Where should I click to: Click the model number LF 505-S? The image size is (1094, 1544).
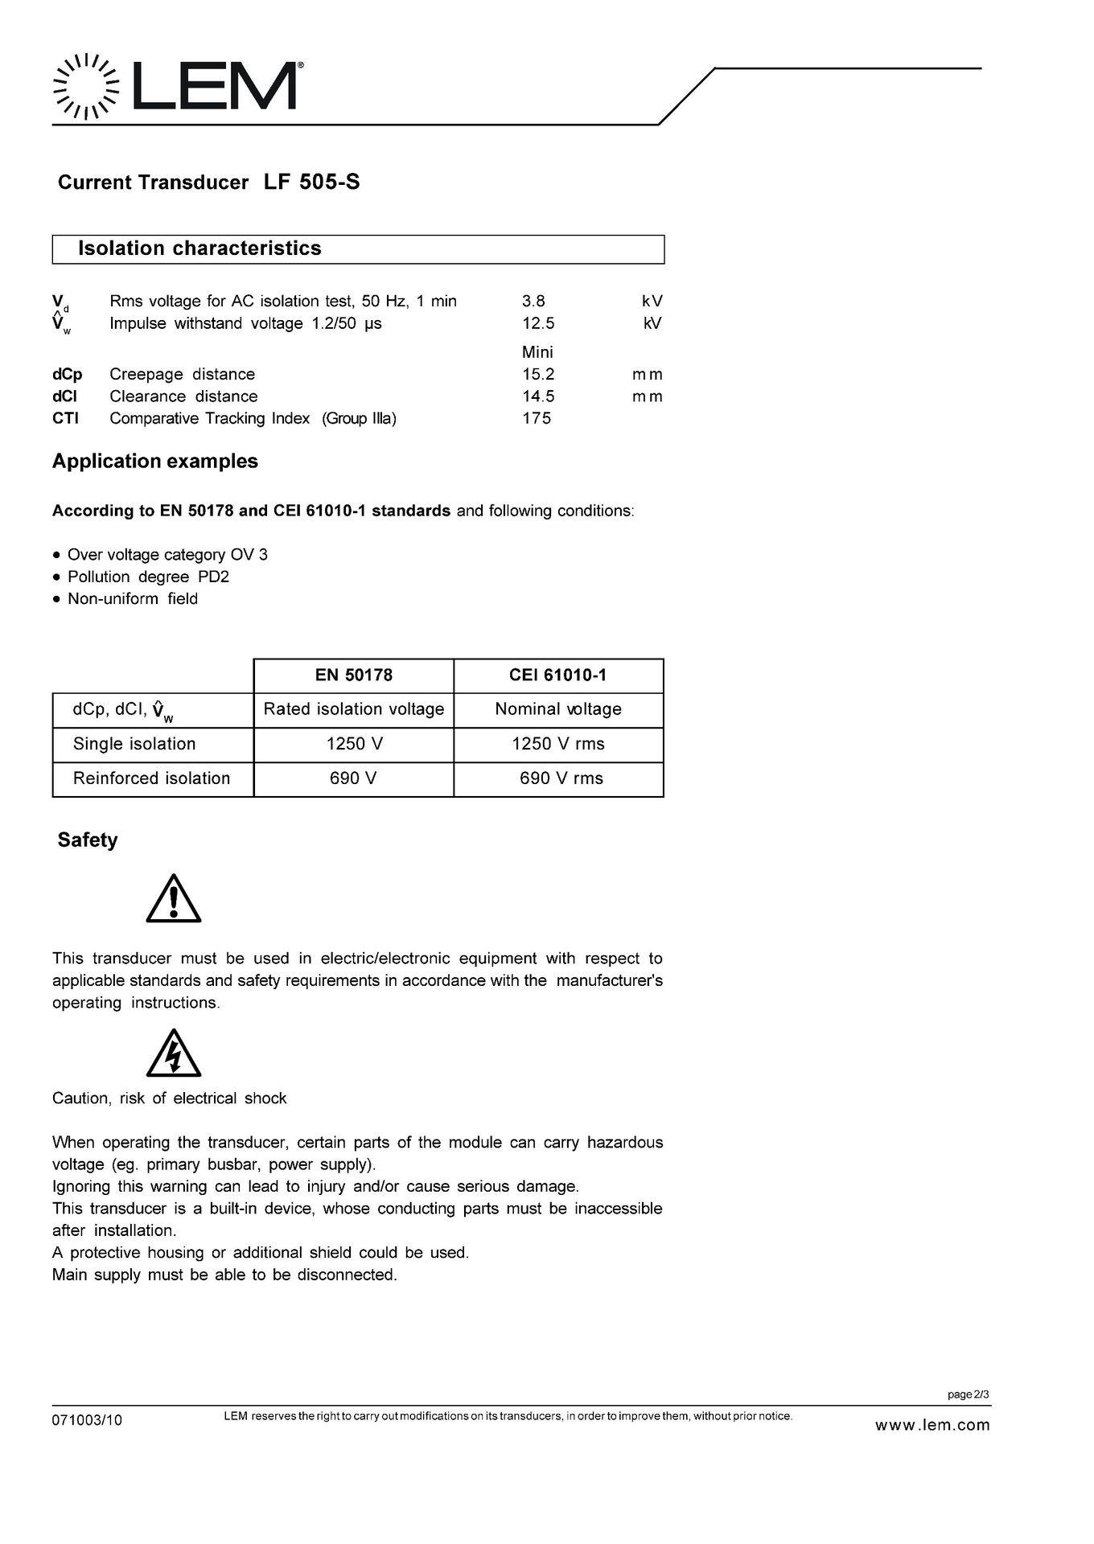[311, 183]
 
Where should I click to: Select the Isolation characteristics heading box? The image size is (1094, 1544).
[358, 248]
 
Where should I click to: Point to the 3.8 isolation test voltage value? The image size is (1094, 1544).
[533, 302]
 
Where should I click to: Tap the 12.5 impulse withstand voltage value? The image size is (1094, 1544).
[538, 323]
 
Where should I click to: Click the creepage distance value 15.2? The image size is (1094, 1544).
[538, 374]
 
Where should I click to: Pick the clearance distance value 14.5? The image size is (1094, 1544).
[538, 396]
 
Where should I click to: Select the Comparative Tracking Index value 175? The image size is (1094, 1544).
[537, 418]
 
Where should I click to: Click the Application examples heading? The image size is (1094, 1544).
[155, 462]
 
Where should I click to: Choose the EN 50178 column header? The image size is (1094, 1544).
[354, 675]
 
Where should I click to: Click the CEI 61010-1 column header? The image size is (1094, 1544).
[558, 675]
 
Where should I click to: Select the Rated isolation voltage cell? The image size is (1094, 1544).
[354, 709]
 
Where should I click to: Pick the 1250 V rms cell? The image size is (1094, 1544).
[558, 744]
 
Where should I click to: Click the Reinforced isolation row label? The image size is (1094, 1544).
[151, 778]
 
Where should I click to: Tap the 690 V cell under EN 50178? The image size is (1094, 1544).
[354, 778]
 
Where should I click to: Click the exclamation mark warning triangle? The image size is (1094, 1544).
[174, 900]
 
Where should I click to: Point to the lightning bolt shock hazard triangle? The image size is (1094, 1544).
[174, 1054]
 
